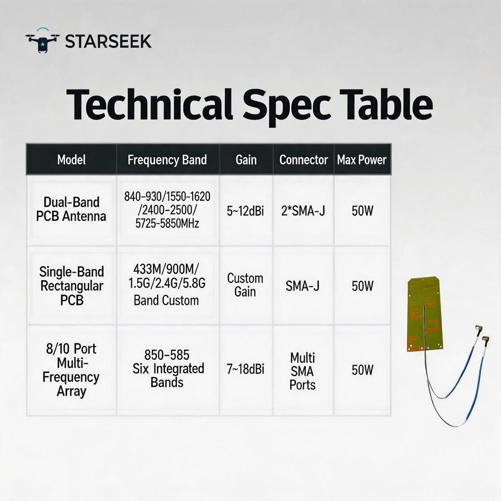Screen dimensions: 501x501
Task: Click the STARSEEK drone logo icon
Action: coord(42,41)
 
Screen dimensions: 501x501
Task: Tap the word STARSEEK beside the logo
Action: coord(109,42)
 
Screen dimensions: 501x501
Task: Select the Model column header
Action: coord(71,160)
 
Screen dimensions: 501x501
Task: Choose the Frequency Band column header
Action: coord(167,160)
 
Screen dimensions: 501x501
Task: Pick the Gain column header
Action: coord(246,160)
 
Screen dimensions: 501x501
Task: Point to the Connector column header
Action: coord(304,160)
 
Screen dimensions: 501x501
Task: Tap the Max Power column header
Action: coord(362,160)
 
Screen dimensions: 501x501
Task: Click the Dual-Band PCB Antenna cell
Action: coord(71,209)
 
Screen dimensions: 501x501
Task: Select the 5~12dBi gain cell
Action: coord(245,211)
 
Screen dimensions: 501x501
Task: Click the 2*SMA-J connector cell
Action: coord(303,211)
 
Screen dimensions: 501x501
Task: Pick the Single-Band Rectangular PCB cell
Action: coord(71,285)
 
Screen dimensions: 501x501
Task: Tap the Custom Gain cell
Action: coord(245,285)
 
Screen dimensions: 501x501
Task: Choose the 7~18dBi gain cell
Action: coord(245,369)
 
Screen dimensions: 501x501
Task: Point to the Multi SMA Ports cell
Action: coord(302,371)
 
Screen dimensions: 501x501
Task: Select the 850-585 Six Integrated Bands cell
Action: coord(168,368)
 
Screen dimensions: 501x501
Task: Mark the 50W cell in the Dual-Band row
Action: coord(362,211)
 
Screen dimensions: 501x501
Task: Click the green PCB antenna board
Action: coord(425,314)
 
